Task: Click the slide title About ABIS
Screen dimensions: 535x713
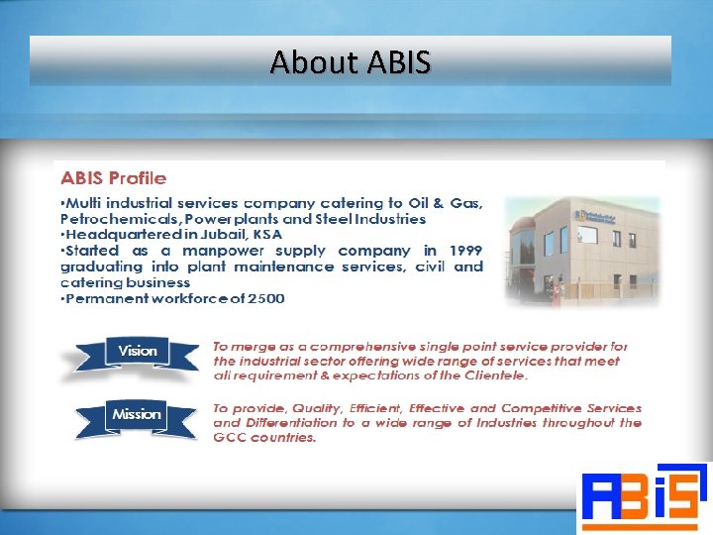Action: point(351,62)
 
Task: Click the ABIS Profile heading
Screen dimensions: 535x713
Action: point(114,178)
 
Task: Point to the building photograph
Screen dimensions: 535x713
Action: point(582,249)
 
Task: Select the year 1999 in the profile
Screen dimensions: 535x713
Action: point(464,251)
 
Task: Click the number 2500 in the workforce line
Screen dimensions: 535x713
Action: point(264,298)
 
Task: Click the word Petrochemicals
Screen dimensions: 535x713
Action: point(111,219)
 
